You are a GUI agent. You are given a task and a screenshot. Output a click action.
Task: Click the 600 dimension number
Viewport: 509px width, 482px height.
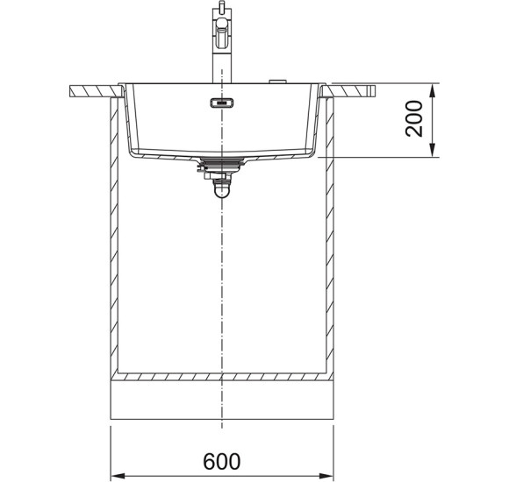pyautogui.click(x=222, y=461)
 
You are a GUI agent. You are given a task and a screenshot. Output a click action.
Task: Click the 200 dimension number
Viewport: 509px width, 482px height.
pyautogui.click(x=414, y=118)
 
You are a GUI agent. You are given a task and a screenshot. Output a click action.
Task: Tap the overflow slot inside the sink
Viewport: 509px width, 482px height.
pyautogui.click(x=222, y=103)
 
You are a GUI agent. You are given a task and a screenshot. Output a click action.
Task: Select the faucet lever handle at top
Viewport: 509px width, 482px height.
pyautogui.click(x=222, y=32)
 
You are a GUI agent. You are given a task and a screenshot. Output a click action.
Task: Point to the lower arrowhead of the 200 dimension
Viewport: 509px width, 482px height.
pyautogui.click(x=432, y=150)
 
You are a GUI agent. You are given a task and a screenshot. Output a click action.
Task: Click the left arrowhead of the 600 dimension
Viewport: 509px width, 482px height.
pyautogui.click(x=118, y=476)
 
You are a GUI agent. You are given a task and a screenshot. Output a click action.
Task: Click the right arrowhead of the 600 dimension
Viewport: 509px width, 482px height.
pyautogui.click(x=326, y=476)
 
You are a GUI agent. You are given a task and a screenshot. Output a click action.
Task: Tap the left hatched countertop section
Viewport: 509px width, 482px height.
pyautogui.click(x=97, y=91)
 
